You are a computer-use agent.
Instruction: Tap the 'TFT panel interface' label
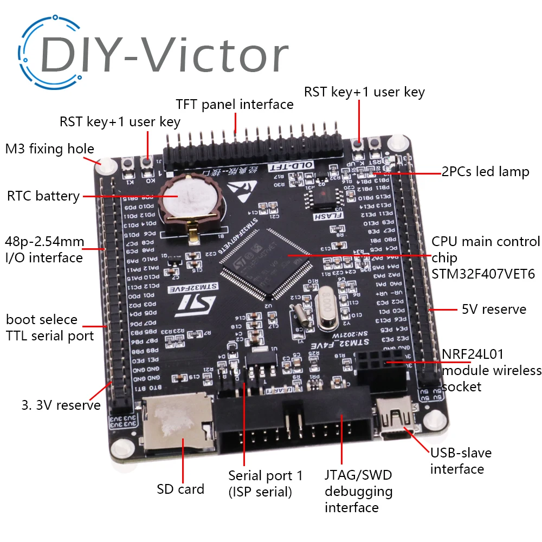point(235,104)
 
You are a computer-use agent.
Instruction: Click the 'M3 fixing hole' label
point(49,149)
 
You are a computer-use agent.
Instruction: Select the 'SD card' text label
point(180,489)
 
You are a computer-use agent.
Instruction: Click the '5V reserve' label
point(494,309)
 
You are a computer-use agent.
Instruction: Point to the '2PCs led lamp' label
point(485,172)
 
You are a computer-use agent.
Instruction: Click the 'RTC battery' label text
point(43,196)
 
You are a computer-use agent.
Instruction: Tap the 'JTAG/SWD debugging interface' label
point(358,491)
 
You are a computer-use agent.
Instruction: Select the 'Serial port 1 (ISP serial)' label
point(266,483)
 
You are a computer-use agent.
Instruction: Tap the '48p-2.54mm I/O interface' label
point(44,249)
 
